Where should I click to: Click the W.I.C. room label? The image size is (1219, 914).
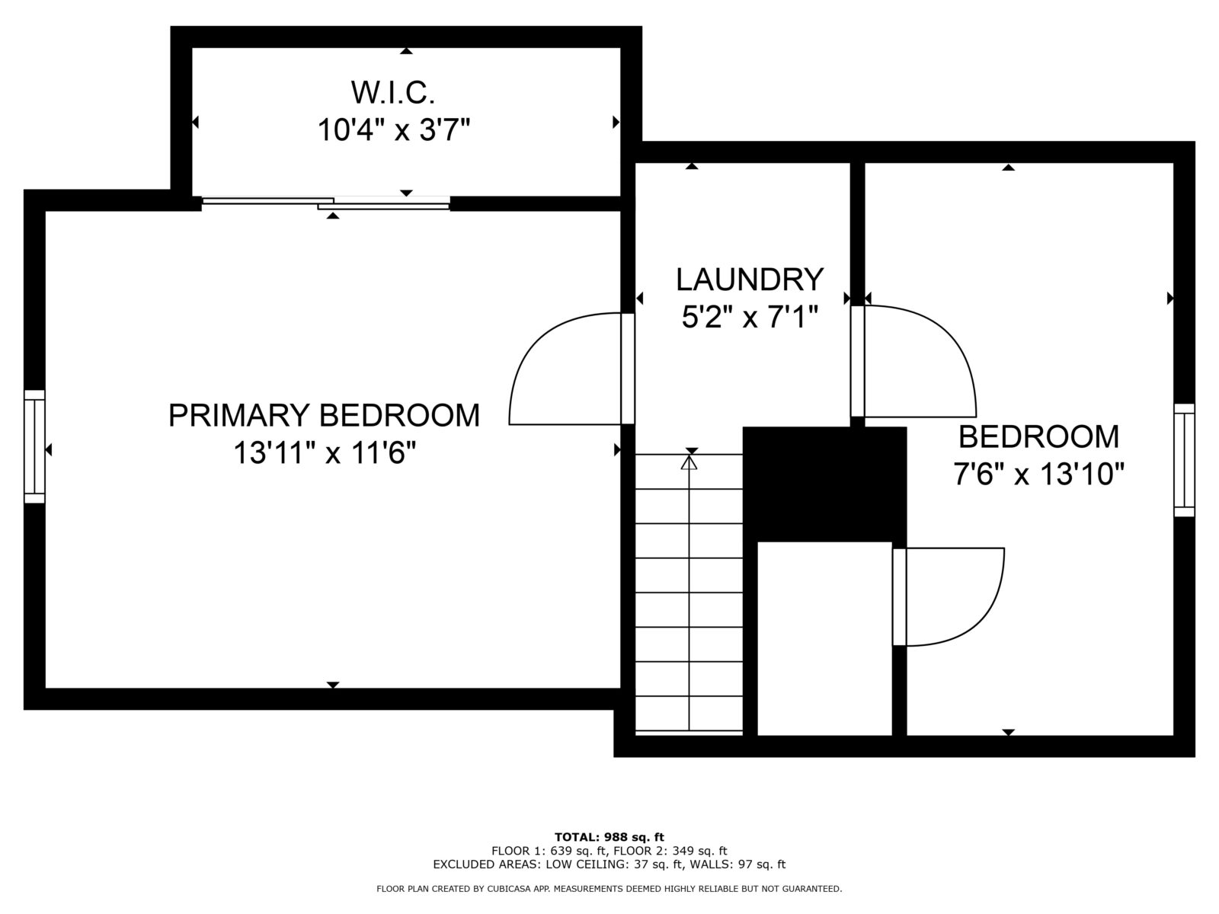[392, 93]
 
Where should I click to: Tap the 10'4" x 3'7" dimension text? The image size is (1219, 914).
[392, 130]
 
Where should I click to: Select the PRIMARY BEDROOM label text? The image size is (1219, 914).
[324, 416]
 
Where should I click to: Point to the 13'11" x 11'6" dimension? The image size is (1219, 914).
[324, 454]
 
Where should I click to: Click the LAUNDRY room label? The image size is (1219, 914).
[750, 280]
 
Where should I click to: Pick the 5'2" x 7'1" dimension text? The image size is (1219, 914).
[750, 317]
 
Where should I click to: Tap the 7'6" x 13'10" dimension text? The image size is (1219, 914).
[1038, 475]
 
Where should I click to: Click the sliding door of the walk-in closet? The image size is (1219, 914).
[326, 203]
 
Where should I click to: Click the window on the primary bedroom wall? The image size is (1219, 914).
[34, 446]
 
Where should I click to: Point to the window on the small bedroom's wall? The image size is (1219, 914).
[1184, 460]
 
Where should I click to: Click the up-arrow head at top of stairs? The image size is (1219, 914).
[689, 462]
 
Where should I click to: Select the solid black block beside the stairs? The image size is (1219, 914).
[824, 483]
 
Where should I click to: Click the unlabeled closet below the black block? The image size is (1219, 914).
[824, 638]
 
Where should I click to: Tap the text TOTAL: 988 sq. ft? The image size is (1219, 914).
[609, 837]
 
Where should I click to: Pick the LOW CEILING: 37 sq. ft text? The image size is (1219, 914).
[637, 864]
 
